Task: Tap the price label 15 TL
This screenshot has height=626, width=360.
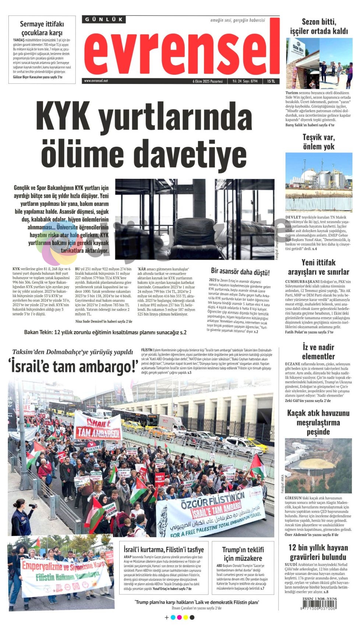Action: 271,81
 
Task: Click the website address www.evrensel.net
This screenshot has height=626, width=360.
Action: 96,81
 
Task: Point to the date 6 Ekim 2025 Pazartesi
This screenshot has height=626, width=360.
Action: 208,81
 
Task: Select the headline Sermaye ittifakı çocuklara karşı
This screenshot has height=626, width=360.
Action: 42,28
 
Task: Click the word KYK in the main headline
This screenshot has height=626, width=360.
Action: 63,115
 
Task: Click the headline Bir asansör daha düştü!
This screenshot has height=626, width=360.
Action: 240,272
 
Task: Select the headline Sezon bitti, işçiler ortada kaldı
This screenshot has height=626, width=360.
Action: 318,27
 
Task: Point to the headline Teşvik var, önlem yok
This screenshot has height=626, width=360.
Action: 318,142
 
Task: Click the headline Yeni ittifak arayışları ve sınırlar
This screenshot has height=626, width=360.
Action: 318,267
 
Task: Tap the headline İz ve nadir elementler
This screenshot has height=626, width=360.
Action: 318,352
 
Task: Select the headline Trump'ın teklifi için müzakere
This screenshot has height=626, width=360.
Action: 243,553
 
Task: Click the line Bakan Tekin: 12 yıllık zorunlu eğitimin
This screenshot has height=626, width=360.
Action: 105,332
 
